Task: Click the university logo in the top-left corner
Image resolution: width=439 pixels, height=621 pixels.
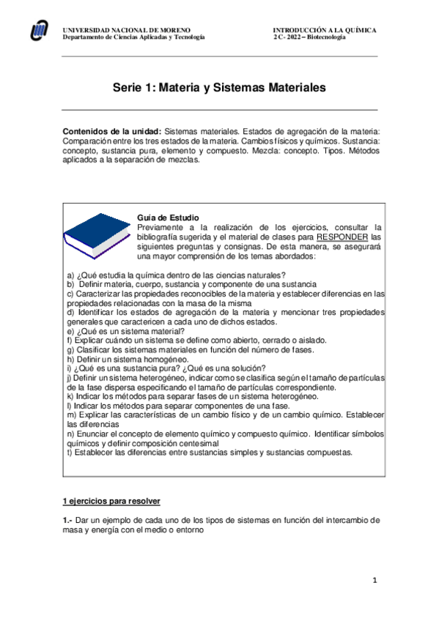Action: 40,30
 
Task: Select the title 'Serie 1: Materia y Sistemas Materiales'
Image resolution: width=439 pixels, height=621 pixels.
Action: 219,87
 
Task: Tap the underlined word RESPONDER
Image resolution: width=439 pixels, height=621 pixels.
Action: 343,237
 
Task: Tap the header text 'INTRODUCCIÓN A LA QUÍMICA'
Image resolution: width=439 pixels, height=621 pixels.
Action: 325,30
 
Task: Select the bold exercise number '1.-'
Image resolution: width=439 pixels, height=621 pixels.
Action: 68,520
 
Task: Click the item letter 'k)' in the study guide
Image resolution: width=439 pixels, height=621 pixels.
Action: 69,396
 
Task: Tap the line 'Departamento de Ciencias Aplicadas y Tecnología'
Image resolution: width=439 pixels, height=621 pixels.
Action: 134,37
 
